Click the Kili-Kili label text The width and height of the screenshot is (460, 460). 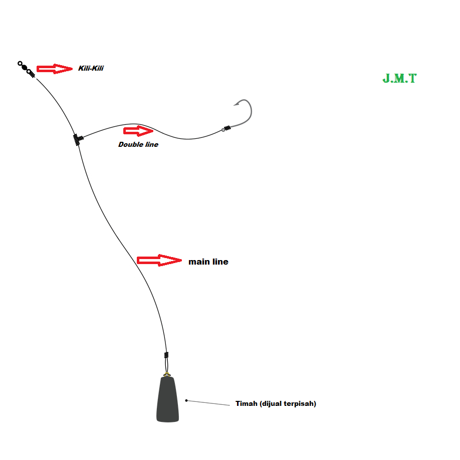(91, 68)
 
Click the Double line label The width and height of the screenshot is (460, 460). (138, 144)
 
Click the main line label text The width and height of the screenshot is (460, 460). (208, 262)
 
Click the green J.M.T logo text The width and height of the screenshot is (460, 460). (399, 78)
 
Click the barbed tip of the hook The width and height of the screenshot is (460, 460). (235, 104)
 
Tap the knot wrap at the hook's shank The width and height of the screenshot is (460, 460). (227, 128)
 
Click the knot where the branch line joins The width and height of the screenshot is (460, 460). (77, 139)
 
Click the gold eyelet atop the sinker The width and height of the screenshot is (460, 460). (166, 374)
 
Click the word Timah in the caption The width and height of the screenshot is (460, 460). (247, 403)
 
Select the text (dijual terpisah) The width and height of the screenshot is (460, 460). (288, 403)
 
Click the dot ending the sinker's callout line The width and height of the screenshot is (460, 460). (186, 400)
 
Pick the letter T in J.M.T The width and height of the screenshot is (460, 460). (412, 78)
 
